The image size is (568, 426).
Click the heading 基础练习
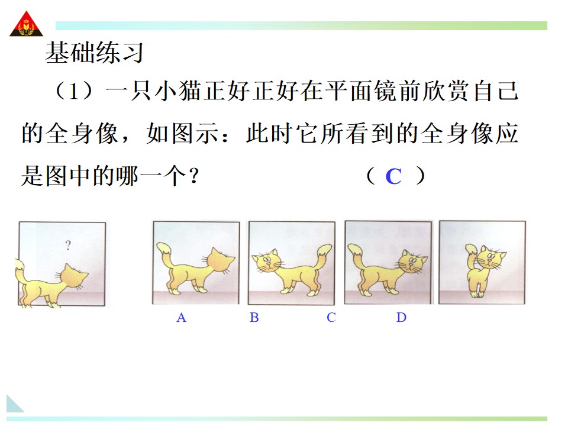coord(94,53)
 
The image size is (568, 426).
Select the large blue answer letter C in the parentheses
coord(393,176)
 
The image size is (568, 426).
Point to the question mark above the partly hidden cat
coord(68,245)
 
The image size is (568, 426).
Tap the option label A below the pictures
coord(181,318)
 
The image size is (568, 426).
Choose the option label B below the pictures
coord(254,317)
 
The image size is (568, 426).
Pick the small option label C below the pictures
coord(331,317)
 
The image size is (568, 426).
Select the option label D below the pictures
coord(401,317)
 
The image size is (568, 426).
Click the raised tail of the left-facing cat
coord(323,256)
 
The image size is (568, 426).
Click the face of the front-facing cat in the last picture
coord(490,259)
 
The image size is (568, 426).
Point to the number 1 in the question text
coord(73,91)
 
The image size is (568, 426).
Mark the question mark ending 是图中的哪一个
coord(194,176)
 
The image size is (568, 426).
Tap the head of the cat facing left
coord(267,261)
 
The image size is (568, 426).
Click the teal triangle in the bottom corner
coord(14,404)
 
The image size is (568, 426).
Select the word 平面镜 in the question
coord(361,91)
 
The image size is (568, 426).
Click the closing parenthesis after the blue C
coord(420,176)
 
